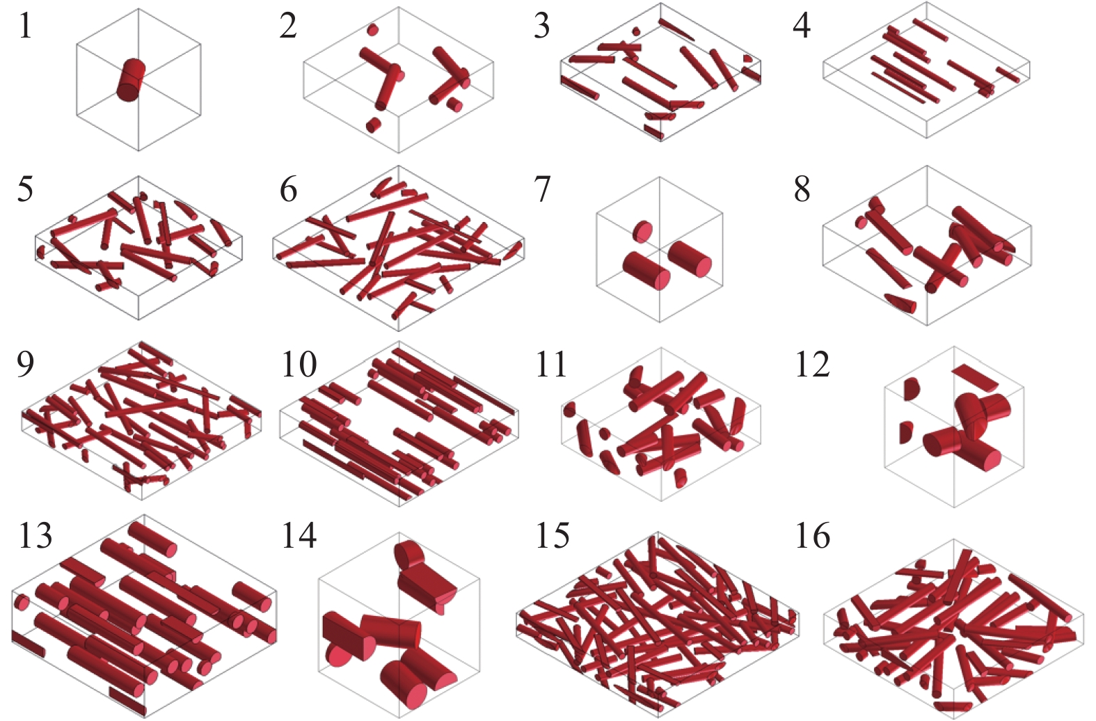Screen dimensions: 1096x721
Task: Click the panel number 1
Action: coord(26,26)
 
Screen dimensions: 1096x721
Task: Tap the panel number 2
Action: coord(288,26)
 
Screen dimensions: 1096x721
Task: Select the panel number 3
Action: coord(542,26)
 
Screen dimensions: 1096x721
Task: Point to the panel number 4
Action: coord(802,26)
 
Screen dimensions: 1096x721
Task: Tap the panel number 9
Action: coord(26,364)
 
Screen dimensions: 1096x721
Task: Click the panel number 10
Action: coord(299,364)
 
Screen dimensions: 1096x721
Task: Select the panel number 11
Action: coord(552,364)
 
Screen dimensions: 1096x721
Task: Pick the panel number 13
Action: coord(35,535)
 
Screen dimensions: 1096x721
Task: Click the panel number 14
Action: coord(299,535)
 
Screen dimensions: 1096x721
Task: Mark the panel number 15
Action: coord(553,535)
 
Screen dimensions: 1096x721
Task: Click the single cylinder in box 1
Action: coord(131,80)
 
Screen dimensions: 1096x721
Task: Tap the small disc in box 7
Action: coord(643,231)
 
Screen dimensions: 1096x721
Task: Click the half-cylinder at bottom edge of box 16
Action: coord(952,706)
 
